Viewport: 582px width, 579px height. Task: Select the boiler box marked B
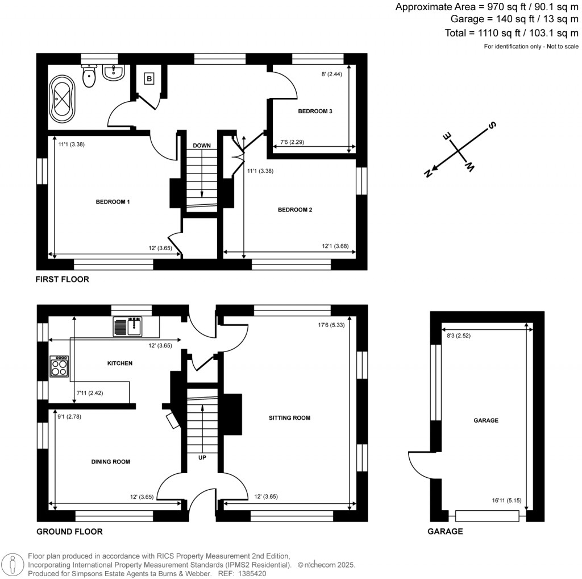point(149,79)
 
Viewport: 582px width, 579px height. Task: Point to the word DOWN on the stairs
point(201,146)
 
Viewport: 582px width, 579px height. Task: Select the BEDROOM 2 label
point(295,210)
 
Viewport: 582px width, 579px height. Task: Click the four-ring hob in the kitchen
point(59,366)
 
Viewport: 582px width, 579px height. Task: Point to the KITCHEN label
point(119,363)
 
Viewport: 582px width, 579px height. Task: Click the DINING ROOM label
point(111,462)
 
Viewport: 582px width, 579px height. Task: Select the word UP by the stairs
point(202,457)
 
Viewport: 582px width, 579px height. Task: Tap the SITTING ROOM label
point(290,418)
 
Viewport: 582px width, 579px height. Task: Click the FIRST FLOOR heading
point(62,279)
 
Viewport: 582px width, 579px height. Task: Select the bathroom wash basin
point(114,73)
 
